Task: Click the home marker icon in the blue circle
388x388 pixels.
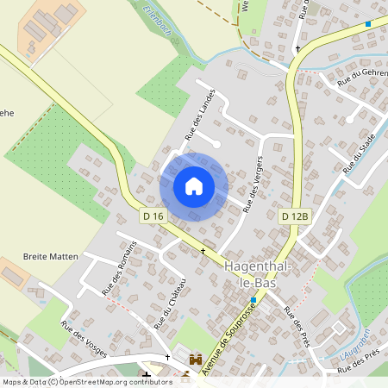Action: tap(193, 186)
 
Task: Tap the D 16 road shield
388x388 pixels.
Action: tap(152, 216)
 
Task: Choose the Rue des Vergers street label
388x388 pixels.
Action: tap(251, 184)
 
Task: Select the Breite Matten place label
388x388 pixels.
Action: tap(51, 257)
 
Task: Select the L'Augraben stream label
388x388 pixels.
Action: tap(354, 345)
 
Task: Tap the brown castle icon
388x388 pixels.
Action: tap(196, 358)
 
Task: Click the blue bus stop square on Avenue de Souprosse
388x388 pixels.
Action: tap(253, 300)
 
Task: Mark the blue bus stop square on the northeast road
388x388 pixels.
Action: tap(368, 24)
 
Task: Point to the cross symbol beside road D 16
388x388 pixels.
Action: tap(203, 251)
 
